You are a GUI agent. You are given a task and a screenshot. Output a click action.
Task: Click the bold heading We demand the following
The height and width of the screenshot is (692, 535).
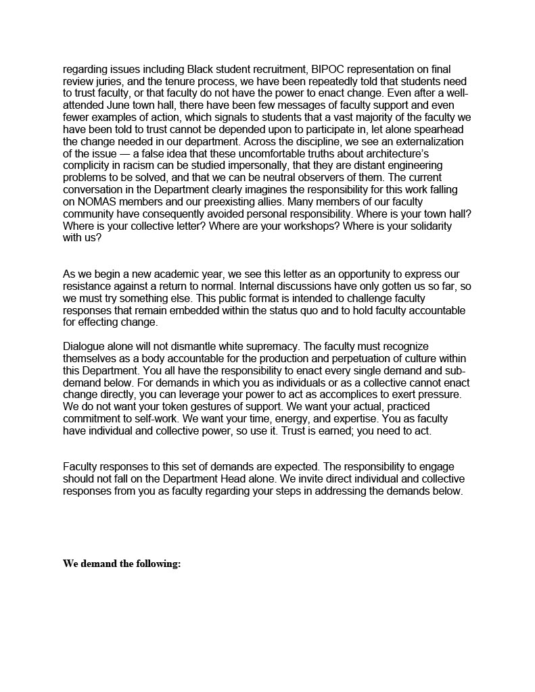(122, 564)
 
